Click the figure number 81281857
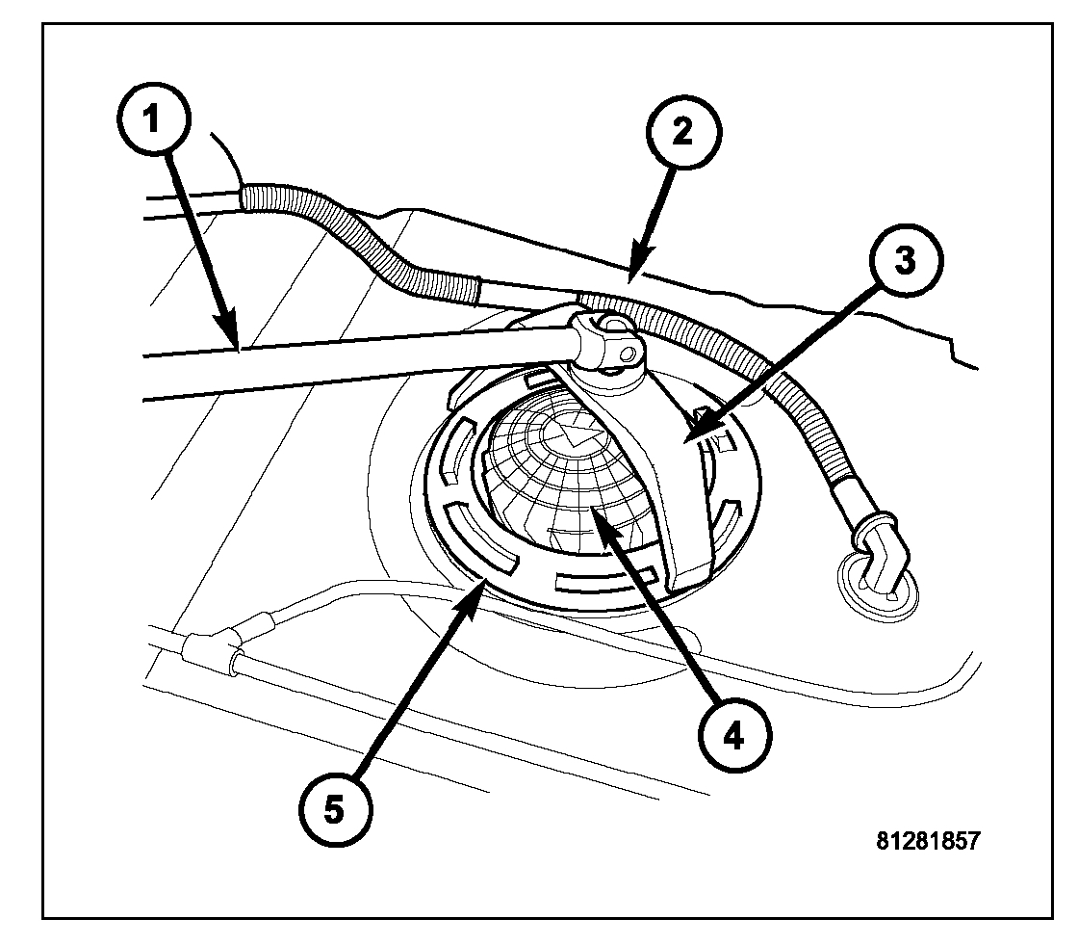click(928, 840)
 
